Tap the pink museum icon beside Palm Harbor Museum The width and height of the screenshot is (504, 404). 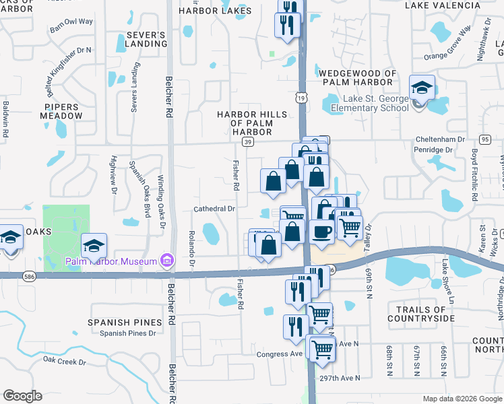pos(167,261)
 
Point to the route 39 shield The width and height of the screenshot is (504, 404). pos(248,143)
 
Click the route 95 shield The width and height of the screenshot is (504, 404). pos(485,139)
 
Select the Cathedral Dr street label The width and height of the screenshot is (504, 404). pos(214,209)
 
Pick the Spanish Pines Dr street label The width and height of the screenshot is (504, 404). pos(127,333)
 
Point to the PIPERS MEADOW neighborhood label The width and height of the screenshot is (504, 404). pos(63,111)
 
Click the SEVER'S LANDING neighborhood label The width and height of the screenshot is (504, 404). pos(146,39)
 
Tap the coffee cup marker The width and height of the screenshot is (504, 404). pos(321,232)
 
